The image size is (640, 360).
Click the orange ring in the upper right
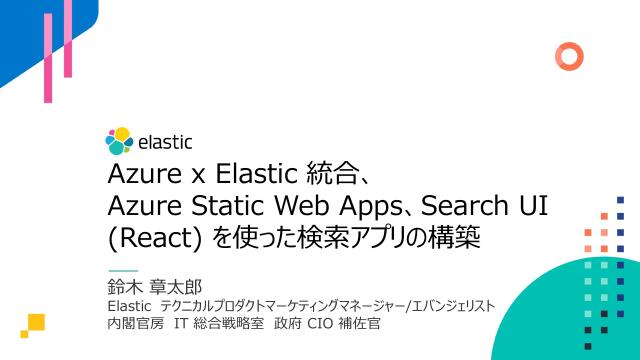point(569,55)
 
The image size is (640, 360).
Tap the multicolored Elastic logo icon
point(119,142)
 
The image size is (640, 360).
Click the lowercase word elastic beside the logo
point(164,142)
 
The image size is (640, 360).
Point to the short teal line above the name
point(122,271)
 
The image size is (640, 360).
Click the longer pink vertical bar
point(48,58)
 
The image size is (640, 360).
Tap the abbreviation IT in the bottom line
point(182,325)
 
